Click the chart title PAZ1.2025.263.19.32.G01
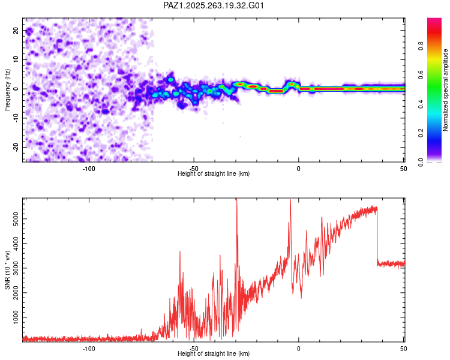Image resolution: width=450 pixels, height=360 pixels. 214,5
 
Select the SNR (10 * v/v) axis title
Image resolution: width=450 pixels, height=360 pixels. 7,269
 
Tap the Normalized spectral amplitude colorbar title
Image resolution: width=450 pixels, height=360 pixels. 446,90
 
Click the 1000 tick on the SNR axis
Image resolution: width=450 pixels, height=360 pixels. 16,316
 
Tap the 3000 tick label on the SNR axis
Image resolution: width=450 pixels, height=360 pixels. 16,268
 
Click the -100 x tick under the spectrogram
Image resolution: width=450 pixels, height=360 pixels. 89,169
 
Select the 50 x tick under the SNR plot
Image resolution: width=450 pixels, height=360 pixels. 403,349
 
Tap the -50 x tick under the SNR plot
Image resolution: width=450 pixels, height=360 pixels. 193,349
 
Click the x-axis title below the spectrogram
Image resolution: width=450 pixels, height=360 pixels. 214,173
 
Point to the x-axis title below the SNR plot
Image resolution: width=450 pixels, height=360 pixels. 214,353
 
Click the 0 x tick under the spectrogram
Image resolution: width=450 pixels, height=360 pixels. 299,169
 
